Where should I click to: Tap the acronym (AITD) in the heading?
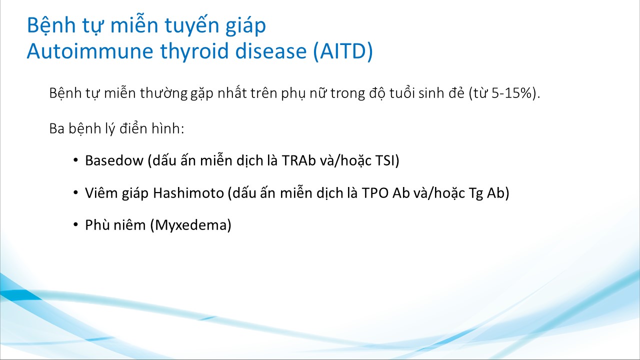coord(343,51)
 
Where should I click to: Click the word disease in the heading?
coord(271,51)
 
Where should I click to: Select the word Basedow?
coord(114,160)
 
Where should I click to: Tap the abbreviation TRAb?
coord(298,160)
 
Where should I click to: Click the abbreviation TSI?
coord(385,160)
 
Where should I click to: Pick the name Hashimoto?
coord(188,193)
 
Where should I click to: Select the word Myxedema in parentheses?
coord(191,225)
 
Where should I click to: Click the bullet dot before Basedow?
coord(75,160)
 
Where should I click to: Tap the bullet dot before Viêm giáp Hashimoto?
coord(75,193)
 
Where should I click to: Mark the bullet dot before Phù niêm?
coord(75,225)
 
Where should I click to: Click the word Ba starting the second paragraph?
coord(56,128)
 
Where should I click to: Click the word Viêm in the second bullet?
coord(101,193)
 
